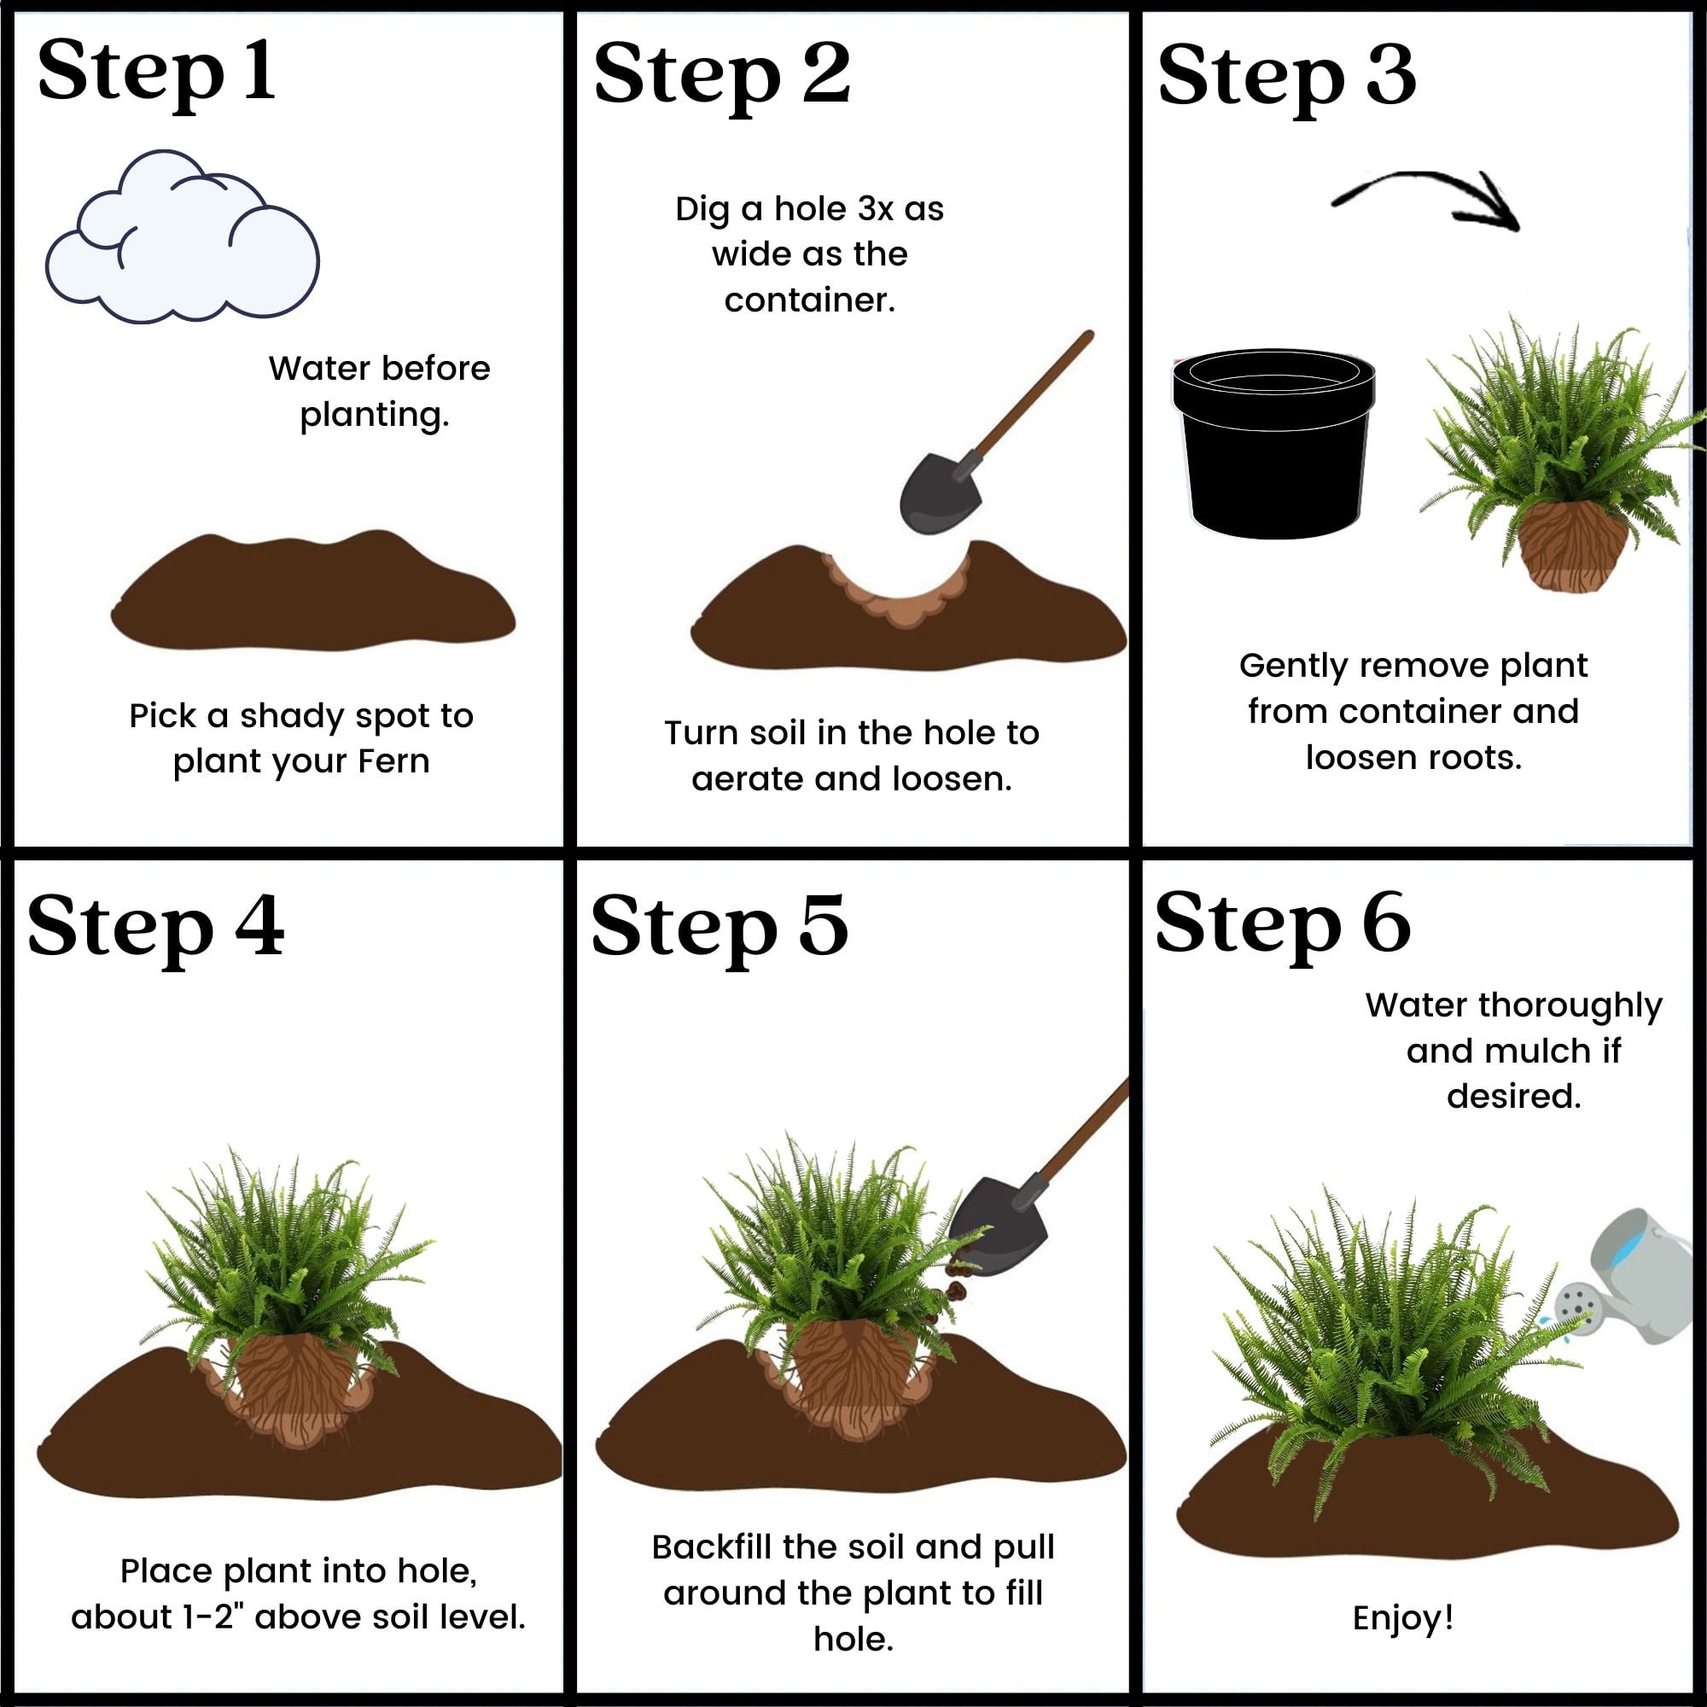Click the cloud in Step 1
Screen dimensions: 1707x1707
(182, 236)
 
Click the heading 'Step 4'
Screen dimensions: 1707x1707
(156, 927)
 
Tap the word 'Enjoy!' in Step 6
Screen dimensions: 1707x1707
(1403, 1617)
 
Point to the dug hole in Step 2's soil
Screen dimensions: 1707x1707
(894, 588)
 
